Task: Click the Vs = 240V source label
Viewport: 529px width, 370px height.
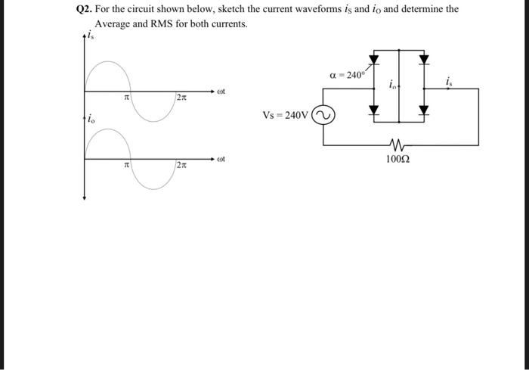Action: (x=285, y=116)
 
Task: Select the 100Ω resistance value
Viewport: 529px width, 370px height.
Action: (x=398, y=159)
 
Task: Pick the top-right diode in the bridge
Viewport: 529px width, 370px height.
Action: (x=423, y=59)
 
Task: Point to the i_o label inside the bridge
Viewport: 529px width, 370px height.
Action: (x=394, y=87)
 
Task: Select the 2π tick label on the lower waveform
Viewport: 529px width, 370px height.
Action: (x=181, y=166)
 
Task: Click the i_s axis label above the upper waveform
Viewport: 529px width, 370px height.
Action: (x=90, y=36)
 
